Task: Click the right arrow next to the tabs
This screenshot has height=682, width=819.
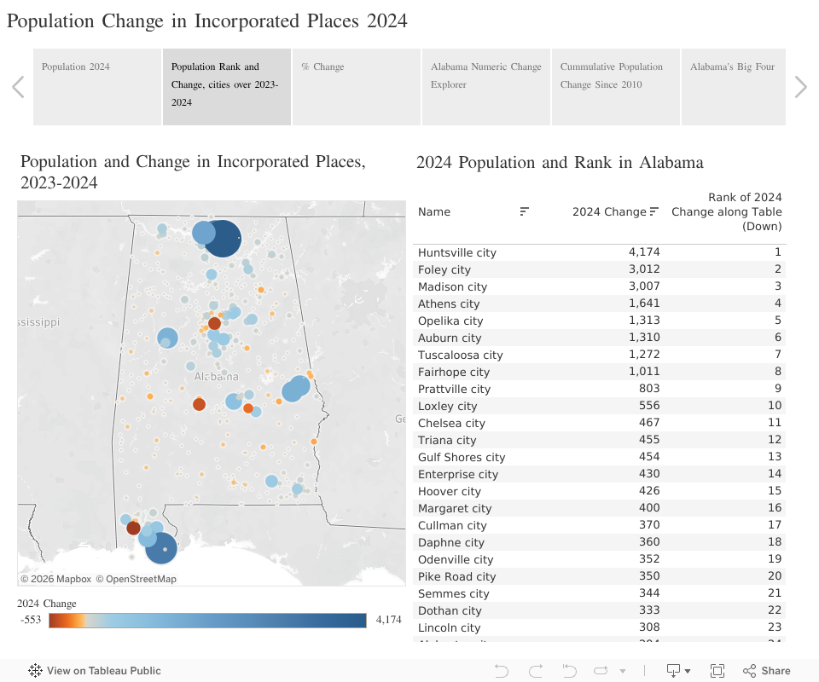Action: [800, 87]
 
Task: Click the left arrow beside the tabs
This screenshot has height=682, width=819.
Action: [18, 87]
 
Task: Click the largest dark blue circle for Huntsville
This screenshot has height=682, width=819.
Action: [222, 238]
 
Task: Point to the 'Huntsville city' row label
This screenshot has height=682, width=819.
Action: [457, 252]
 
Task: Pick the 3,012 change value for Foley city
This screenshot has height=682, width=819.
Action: [644, 269]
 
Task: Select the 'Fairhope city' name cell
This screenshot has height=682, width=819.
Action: [454, 372]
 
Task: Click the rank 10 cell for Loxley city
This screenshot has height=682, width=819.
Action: [774, 406]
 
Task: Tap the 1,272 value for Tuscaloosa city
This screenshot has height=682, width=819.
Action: [644, 355]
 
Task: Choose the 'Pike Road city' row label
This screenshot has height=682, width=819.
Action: [457, 576]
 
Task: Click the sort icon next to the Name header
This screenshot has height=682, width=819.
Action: [525, 211]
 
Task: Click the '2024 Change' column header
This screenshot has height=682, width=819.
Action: [609, 211]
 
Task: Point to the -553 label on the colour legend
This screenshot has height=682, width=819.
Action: [32, 620]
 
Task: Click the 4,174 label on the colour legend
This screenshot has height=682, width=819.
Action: [388, 620]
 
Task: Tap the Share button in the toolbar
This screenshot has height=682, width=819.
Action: [767, 671]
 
